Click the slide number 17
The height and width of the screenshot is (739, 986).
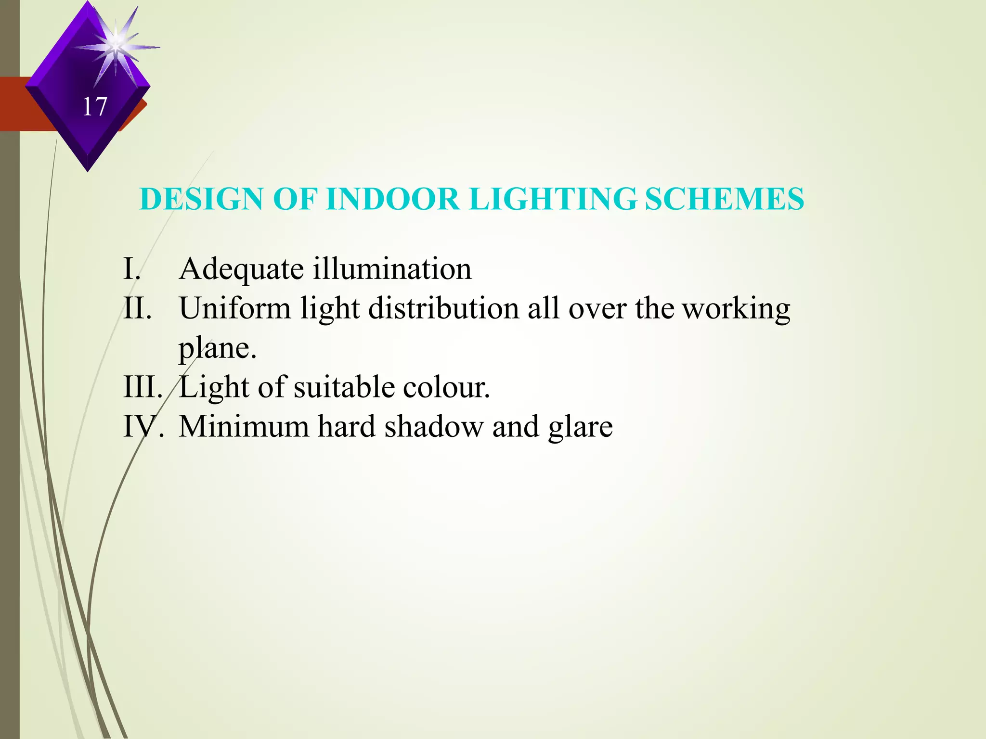click(94, 107)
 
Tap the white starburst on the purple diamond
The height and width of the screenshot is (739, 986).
click(116, 46)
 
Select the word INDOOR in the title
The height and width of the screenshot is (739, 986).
click(392, 199)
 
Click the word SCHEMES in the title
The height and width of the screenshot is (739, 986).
click(724, 199)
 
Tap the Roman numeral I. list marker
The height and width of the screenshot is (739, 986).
click(132, 268)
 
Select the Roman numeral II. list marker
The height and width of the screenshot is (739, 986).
click(138, 308)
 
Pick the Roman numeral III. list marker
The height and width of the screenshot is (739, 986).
click(143, 387)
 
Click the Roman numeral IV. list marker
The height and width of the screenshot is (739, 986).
click(143, 426)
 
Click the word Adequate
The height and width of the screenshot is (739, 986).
click(241, 269)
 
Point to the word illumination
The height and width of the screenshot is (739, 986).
click(392, 268)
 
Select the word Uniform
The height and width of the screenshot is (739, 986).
click(235, 308)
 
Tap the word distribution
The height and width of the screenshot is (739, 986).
click(443, 308)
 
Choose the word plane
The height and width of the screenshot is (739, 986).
click(217, 348)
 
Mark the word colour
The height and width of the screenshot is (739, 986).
click(446, 387)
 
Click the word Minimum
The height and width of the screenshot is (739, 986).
click(244, 426)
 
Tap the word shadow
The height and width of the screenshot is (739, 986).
click(434, 426)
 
